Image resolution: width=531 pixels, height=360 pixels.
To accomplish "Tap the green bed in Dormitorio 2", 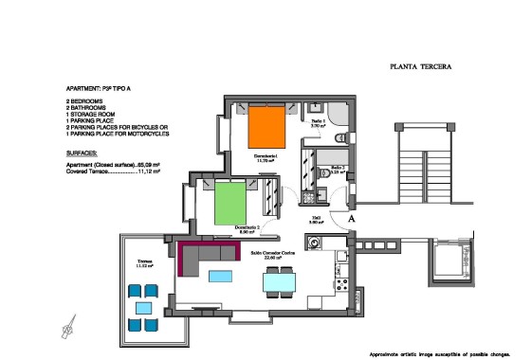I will tap(230, 200).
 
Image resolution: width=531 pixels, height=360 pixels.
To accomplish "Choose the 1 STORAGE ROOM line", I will tap(91, 114).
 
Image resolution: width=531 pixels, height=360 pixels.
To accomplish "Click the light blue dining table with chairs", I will tap(278, 280).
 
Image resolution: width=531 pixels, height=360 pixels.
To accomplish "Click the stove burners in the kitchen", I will tap(337, 255).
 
